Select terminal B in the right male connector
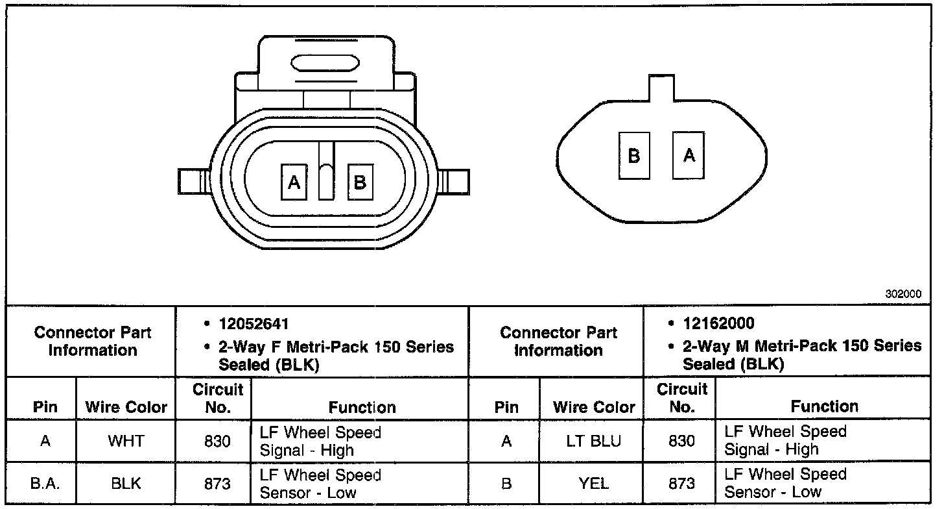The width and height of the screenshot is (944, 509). click(633, 156)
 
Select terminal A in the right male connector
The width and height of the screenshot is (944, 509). click(689, 156)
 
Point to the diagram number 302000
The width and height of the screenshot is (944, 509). click(903, 293)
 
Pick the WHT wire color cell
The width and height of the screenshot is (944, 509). click(126, 441)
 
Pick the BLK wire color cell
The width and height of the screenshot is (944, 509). click(126, 484)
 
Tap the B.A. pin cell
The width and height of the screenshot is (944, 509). click(45, 484)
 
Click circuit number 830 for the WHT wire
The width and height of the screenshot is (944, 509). click(217, 441)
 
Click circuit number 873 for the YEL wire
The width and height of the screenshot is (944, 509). click(681, 484)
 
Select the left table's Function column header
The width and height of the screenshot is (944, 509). click(362, 407)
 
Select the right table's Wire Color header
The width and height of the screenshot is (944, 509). click(593, 407)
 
